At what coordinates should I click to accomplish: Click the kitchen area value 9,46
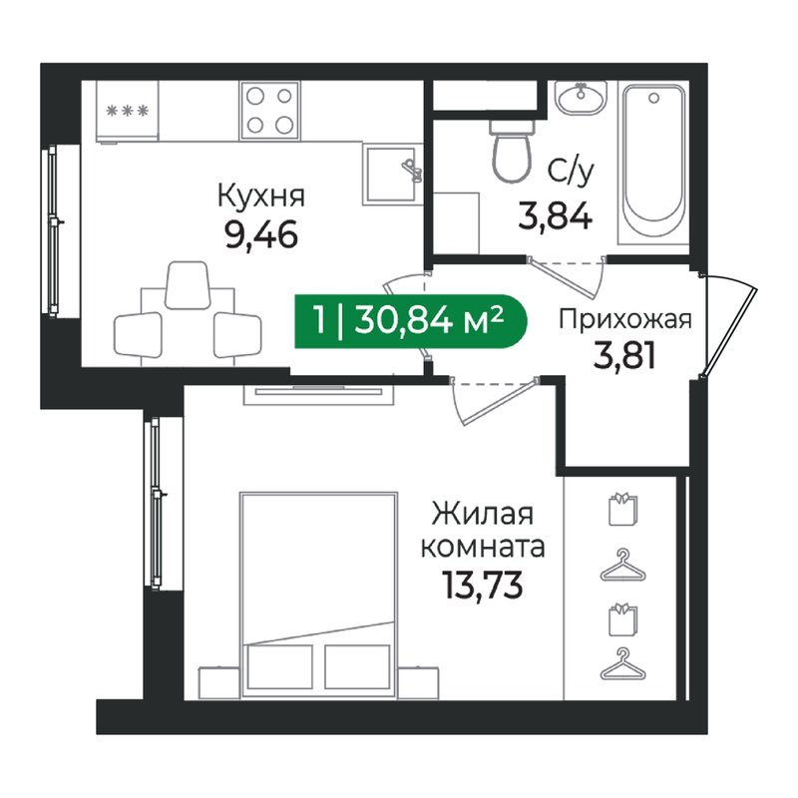click(261, 235)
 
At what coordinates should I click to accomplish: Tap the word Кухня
click(261, 196)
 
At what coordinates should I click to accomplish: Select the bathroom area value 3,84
click(556, 215)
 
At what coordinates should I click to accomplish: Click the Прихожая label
click(625, 320)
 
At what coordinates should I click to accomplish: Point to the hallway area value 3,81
click(624, 357)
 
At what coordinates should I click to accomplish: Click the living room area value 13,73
click(483, 585)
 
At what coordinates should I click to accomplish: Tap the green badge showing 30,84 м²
click(410, 321)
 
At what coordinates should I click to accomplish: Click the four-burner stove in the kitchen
click(269, 110)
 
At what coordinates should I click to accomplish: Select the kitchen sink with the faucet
click(392, 174)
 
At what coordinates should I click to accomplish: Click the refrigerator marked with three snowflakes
click(128, 111)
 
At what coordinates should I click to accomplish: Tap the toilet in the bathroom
click(512, 152)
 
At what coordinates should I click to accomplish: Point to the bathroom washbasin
click(581, 97)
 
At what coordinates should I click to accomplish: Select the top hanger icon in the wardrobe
click(622, 566)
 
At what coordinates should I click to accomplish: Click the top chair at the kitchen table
click(188, 285)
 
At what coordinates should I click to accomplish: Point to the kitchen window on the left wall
click(54, 231)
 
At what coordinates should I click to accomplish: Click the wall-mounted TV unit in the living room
click(318, 392)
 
